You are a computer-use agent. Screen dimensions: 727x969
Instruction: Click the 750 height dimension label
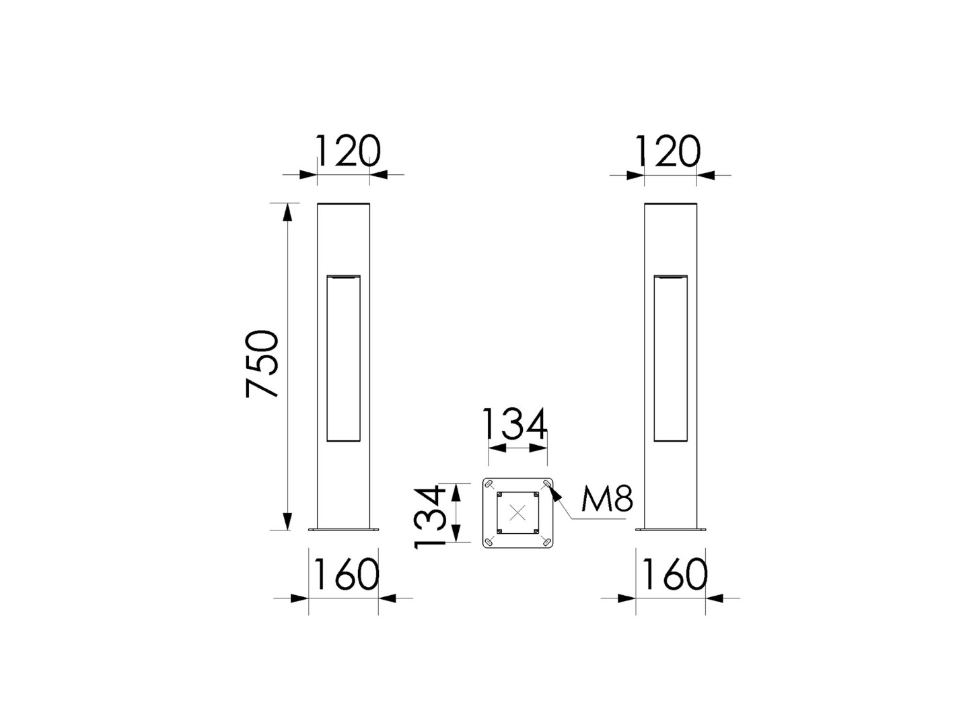262,363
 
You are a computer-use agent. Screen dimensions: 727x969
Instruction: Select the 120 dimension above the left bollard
348,151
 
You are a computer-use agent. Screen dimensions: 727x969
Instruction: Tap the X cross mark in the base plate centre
517,513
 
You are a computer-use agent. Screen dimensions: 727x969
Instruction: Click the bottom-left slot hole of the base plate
490,541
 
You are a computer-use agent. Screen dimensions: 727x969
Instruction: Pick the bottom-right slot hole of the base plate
546,541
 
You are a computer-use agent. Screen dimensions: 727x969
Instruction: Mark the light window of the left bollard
343,358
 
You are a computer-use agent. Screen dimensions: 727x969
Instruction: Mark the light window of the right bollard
670,358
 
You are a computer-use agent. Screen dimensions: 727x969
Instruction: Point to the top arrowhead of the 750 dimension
288,211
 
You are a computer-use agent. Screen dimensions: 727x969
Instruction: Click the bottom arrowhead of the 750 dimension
288,521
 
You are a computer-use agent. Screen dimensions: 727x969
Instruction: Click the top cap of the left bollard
343,203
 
